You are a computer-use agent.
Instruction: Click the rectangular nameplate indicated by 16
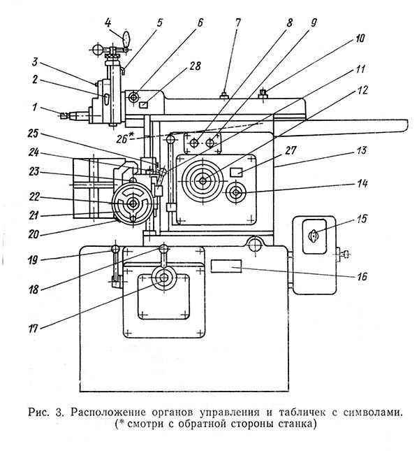click(227, 266)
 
